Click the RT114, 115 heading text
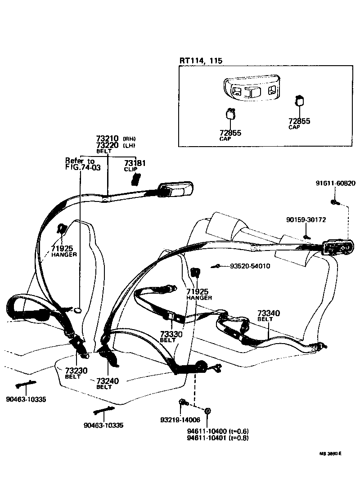[x=201, y=61]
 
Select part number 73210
[x=107, y=139]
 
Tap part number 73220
[x=107, y=145]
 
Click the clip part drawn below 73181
[x=135, y=179]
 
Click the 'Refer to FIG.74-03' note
[x=82, y=164]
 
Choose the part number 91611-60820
[x=335, y=183]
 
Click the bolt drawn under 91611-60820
[x=334, y=201]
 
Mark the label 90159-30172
[x=306, y=219]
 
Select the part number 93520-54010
[x=250, y=266]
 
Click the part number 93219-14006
[x=180, y=420]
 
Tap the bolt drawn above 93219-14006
[x=182, y=402]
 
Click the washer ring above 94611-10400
[x=208, y=411]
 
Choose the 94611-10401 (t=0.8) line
[x=218, y=438]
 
